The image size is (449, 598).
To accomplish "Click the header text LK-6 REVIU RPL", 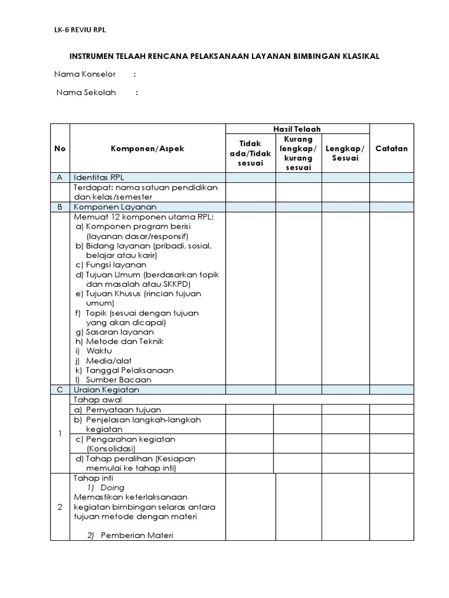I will coord(80,30).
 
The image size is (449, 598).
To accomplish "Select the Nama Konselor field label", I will coord(85,74).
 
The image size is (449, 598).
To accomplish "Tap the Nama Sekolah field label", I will coord(87,92).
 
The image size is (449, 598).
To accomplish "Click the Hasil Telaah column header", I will coord(298,129).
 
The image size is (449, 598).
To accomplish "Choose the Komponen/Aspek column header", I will coord(147,148).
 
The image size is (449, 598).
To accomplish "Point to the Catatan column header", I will coord(392,148).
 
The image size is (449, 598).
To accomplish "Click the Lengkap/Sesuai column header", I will coord(345,153).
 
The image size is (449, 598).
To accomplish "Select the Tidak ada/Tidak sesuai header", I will coord(251,153).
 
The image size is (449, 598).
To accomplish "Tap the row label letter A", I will coord(60,178).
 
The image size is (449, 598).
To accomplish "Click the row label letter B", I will coord(60,207).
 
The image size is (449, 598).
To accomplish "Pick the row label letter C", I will coord(60,390).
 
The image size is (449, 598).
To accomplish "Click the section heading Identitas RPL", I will coord(99,178).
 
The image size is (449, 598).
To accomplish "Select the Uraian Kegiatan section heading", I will coord(106,390).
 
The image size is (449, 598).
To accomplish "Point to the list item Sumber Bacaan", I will coord(118,380).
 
